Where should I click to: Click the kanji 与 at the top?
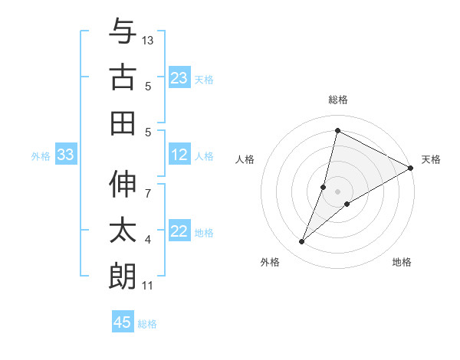pyautogui.click(x=123, y=32)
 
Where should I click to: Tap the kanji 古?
pyautogui.click(x=123, y=77)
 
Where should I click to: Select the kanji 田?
pyautogui.click(x=123, y=123)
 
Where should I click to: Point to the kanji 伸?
pyautogui.click(x=123, y=185)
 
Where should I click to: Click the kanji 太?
pyautogui.click(x=123, y=230)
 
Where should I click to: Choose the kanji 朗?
pyautogui.click(x=123, y=275)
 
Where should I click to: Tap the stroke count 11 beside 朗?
pyautogui.click(x=148, y=286)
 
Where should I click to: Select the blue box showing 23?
pyautogui.click(x=179, y=78)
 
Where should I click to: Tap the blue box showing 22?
pyautogui.click(x=179, y=232)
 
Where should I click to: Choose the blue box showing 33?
pyautogui.click(x=65, y=155)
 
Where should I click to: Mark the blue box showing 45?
pyautogui.click(x=122, y=322)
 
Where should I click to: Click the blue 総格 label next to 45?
pyautogui.click(x=147, y=324)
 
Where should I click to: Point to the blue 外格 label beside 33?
pyautogui.click(x=41, y=156)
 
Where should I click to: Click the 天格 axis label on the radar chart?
pyautogui.click(x=431, y=159)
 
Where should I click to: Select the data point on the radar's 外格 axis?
pyautogui.click(x=302, y=242)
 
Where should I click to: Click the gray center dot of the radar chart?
pyautogui.click(x=337, y=191)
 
